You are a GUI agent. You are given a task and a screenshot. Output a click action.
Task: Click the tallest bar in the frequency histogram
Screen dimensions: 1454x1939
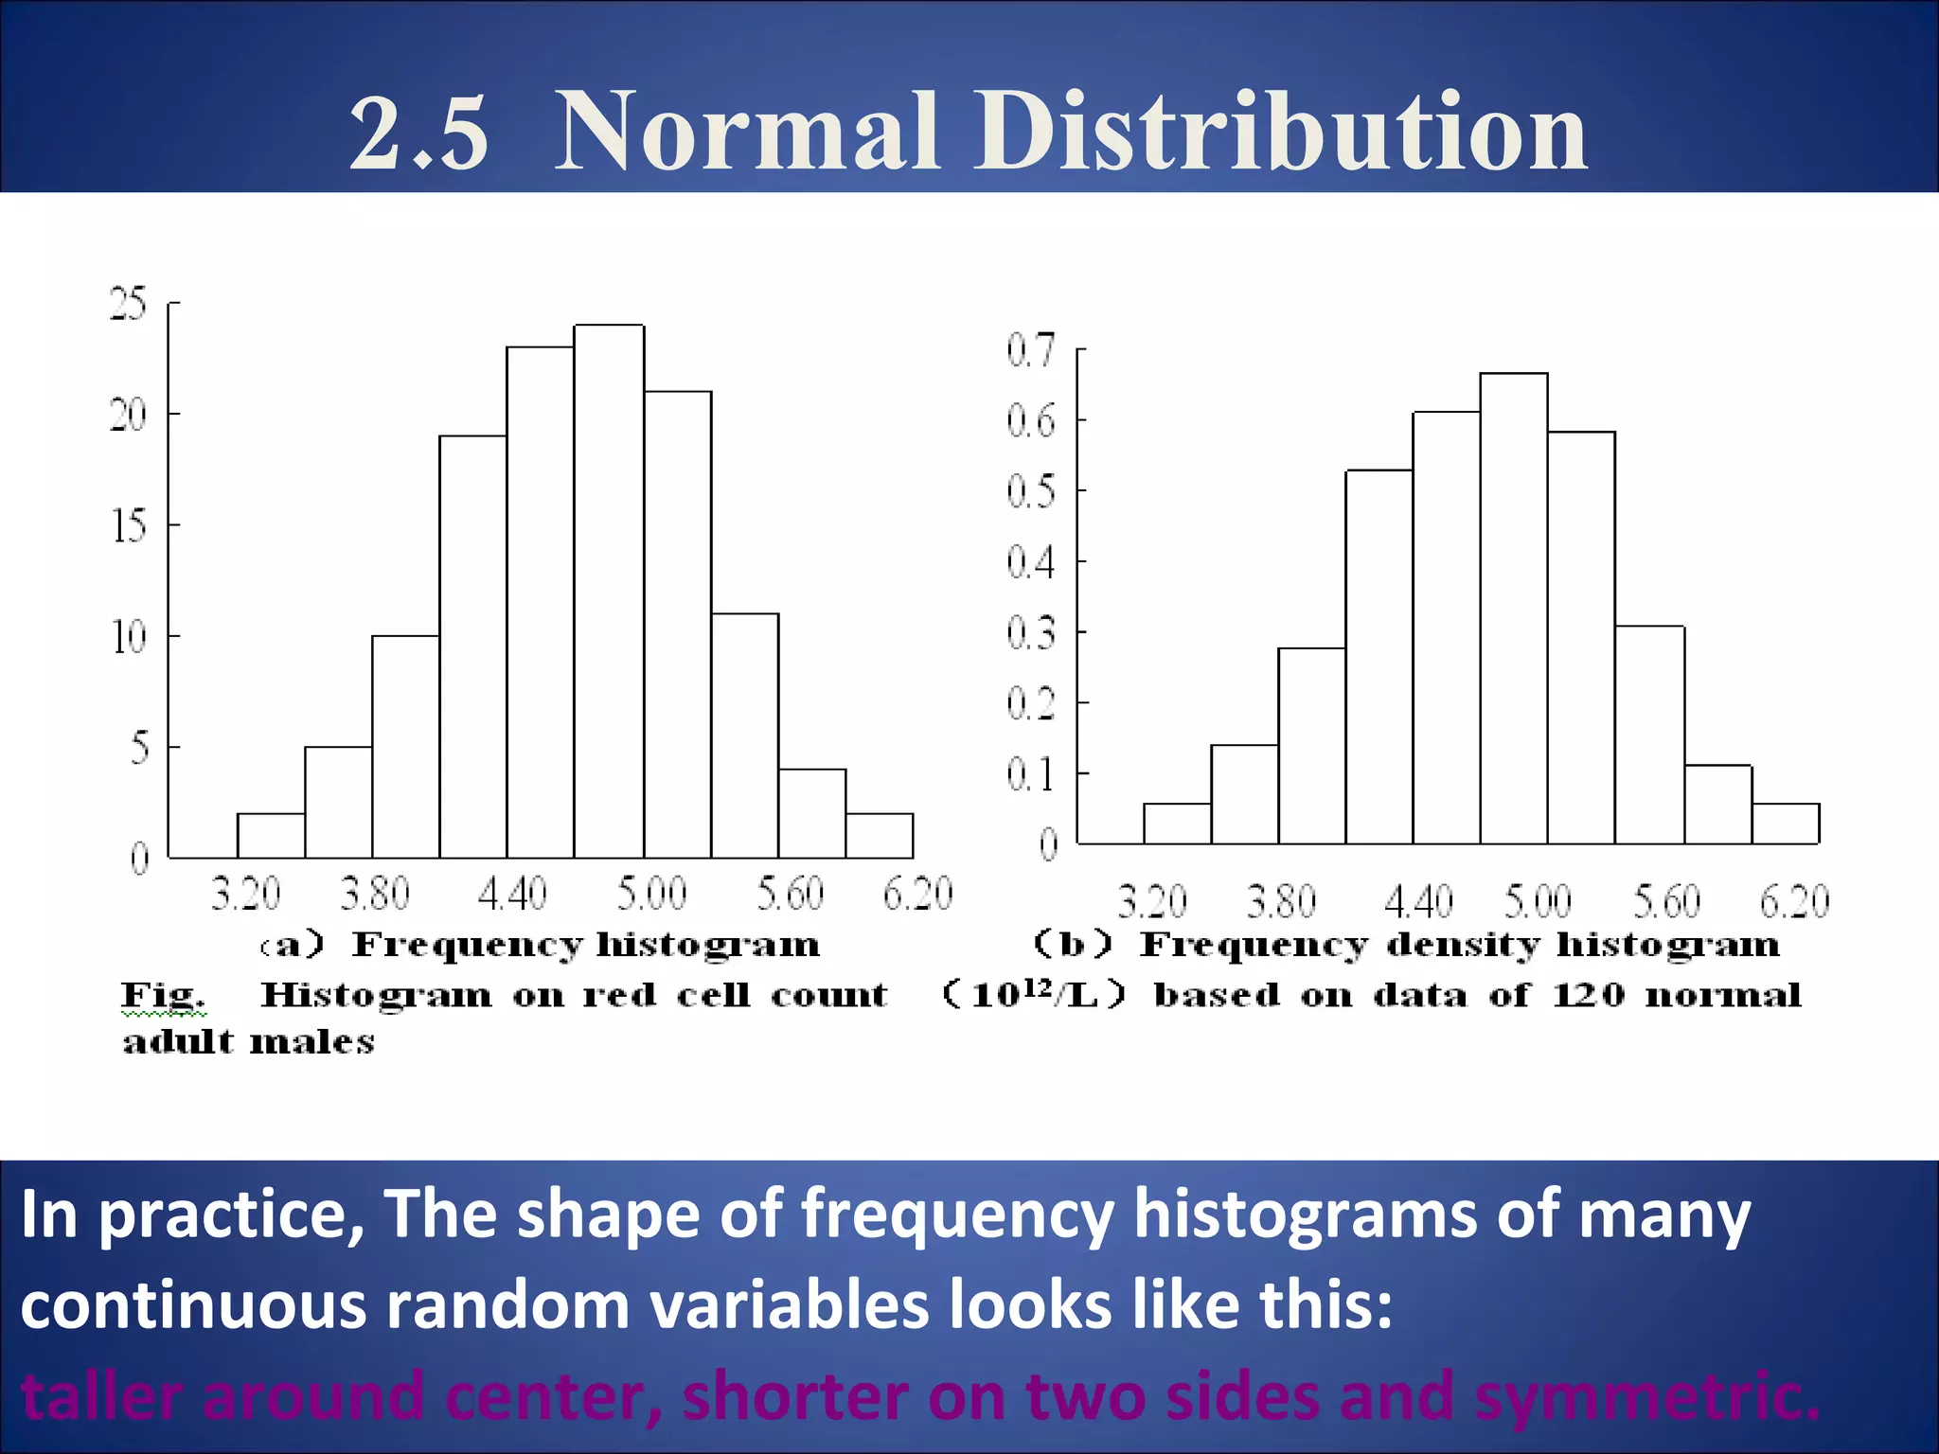click(x=609, y=592)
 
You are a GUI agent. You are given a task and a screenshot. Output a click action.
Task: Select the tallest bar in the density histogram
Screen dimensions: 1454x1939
click(x=1514, y=609)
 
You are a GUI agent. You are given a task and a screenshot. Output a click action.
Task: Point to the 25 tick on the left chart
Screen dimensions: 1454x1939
click(x=129, y=304)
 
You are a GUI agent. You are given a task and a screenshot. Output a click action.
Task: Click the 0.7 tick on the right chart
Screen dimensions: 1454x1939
click(x=1030, y=350)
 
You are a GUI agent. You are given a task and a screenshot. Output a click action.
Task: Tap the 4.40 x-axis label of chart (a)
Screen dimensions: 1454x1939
click(x=512, y=894)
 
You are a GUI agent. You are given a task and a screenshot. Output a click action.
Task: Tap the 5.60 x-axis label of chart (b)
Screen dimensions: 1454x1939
click(x=1667, y=901)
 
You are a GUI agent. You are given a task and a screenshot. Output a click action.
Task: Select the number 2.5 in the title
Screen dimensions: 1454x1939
click(x=419, y=133)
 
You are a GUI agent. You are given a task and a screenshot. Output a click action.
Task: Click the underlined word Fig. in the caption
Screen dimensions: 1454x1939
click(x=162, y=995)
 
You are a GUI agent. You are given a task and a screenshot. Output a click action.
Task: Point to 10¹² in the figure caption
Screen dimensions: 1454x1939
click(x=1012, y=993)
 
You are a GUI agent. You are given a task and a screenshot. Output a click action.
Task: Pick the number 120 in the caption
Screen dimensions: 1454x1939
click(x=1588, y=995)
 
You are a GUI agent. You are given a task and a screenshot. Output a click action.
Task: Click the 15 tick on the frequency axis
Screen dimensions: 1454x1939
click(x=129, y=525)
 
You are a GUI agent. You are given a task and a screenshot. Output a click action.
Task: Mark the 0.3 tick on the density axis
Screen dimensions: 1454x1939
click(x=1030, y=632)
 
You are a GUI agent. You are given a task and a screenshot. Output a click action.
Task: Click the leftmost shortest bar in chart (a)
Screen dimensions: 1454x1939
click(x=271, y=836)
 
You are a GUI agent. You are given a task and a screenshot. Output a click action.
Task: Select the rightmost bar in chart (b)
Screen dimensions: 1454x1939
click(x=1785, y=824)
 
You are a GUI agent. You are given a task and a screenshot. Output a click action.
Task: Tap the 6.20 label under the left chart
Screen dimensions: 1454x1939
click(x=917, y=894)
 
